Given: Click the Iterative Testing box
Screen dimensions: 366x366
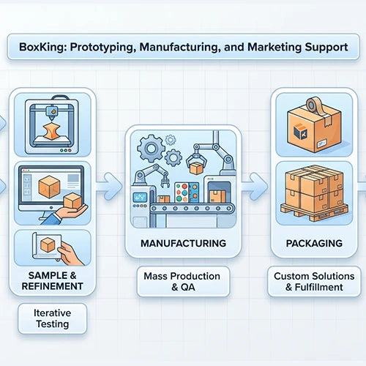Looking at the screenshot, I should pyautogui.click(x=52, y=318).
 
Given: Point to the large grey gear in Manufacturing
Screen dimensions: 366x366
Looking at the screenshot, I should pyautogui.click(x=152, y=149).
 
